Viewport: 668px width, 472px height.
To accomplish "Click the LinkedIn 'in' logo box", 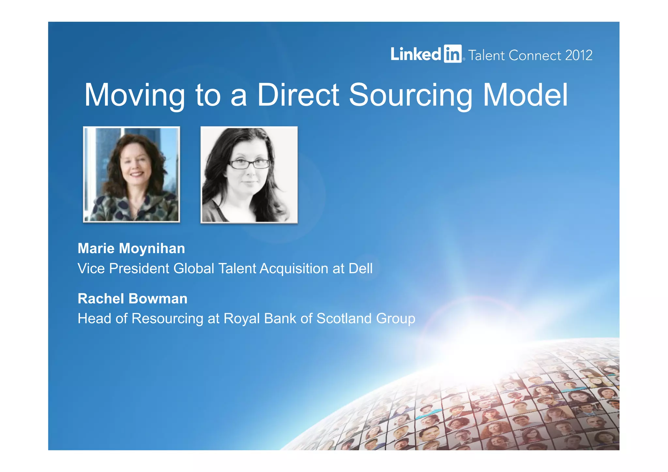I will [452, 54].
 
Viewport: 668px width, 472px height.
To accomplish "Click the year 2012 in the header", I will [579, 55].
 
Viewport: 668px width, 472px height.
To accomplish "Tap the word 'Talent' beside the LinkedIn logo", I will [487, 55].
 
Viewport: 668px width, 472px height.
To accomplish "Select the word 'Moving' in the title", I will [135, 95].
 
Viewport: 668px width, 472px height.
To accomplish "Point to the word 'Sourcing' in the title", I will [411, 95].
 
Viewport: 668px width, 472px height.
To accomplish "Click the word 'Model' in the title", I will [525, 95].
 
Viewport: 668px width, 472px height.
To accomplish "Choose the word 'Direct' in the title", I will [298, 95].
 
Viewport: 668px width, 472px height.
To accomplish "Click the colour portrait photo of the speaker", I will [131, 175].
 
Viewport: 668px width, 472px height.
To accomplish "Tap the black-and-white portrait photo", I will [249, 175].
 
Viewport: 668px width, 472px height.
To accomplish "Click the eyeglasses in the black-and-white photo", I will [250, 163].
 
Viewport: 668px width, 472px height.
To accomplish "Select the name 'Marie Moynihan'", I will [131, 249].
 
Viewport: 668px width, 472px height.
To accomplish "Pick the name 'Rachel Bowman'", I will [132, 299].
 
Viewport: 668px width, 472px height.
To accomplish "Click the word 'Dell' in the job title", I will [360, 269].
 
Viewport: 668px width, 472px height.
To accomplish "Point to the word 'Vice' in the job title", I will [91, 269].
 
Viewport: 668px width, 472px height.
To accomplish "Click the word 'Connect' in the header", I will [535, 55].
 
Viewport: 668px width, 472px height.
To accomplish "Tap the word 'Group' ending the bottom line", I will [396, 319].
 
